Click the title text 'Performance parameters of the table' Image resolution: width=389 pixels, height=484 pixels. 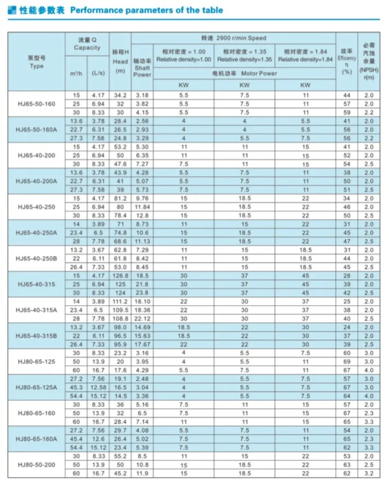click(x=146, y=10)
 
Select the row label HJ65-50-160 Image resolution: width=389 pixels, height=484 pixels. click(x=37, y=103)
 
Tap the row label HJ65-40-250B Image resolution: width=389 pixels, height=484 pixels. click(x=37, y=258)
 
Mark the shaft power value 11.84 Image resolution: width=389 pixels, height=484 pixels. click(x=142, y=208)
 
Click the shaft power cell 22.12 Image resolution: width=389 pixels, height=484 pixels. click(x=142, y=318)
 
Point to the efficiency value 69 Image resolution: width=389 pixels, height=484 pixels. click(x=346, y=361)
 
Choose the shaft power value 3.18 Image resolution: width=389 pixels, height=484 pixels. click(x=142, y=96)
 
